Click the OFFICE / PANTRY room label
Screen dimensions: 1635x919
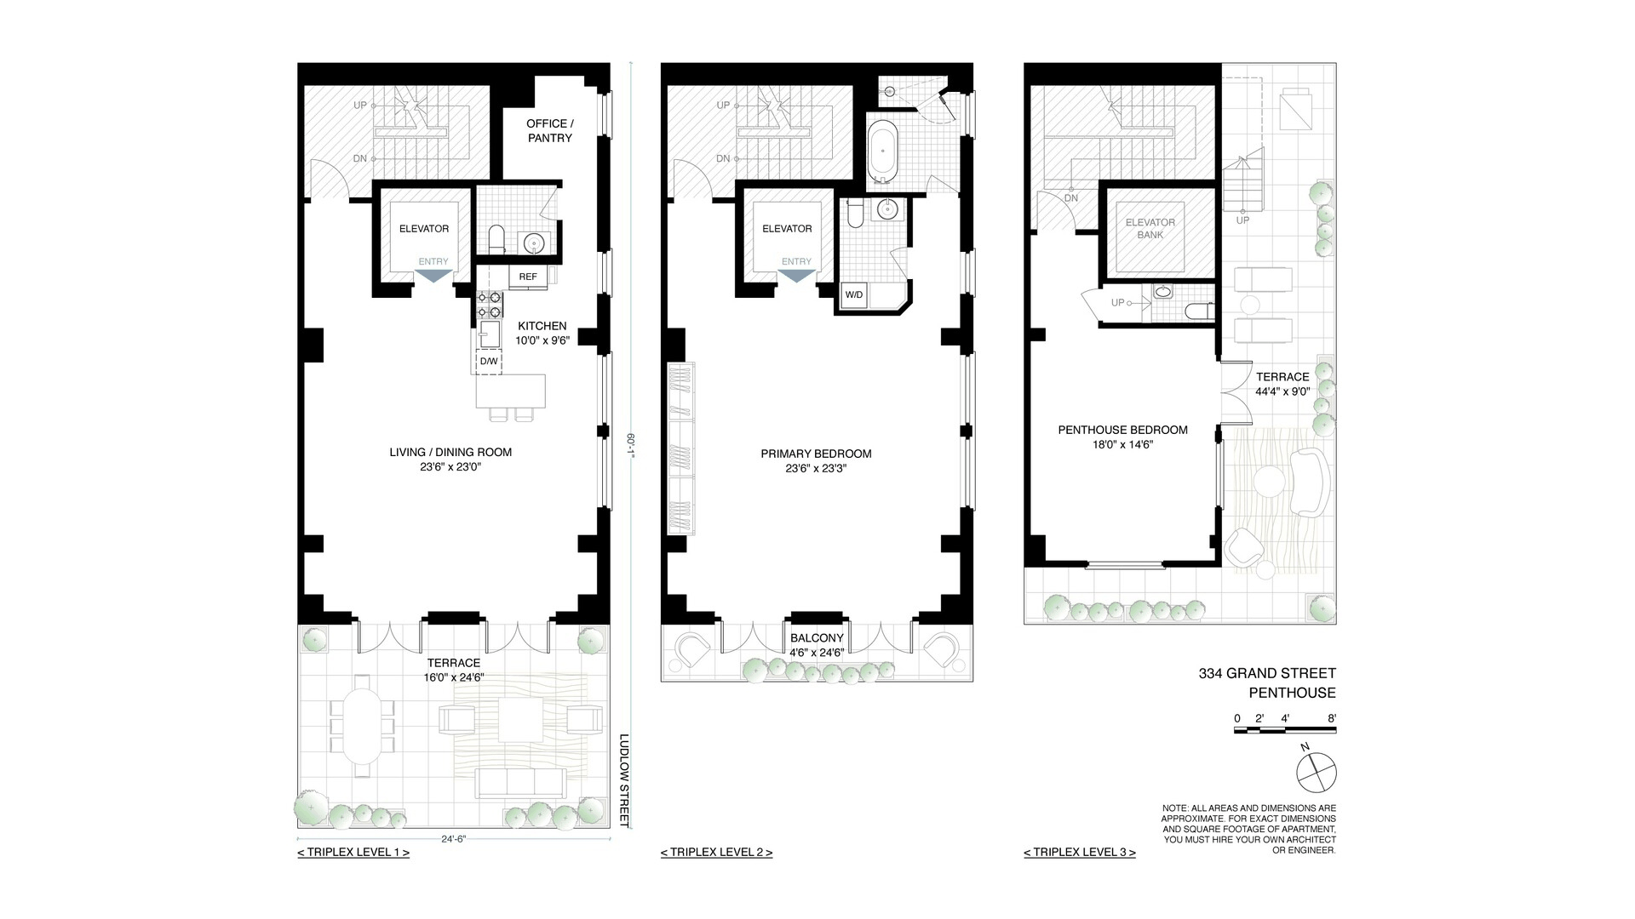click(x=549, y=131)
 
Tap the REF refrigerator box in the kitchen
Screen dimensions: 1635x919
click(x=528, y=277)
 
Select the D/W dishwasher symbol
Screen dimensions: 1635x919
click(x=489, y=361)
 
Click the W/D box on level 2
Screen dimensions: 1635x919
click(x=852, y=295)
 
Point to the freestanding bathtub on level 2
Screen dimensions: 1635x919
click(x=882, y=153)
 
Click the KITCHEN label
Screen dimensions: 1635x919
click(x=542, y=326)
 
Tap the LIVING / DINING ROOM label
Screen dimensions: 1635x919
click(x=450, y=452)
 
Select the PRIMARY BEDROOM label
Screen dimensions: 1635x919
click(x=816, y=454)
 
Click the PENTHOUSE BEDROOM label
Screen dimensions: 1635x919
click(x=1122, y=430)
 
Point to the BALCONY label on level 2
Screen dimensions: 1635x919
click(x=817, y=638)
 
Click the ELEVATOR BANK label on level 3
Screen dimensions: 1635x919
click(x=1150, y=229)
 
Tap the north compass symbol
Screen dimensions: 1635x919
click(x=1316, y=773)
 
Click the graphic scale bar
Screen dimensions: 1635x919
click(x=1286, y=729)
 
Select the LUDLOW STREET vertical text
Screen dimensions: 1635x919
click(x=623, y=780)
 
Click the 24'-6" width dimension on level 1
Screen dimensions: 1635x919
click(x=453, y=838)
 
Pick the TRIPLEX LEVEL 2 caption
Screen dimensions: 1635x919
click(x=716, y=852)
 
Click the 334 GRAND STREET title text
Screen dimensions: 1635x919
click(x=1267, y=674)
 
